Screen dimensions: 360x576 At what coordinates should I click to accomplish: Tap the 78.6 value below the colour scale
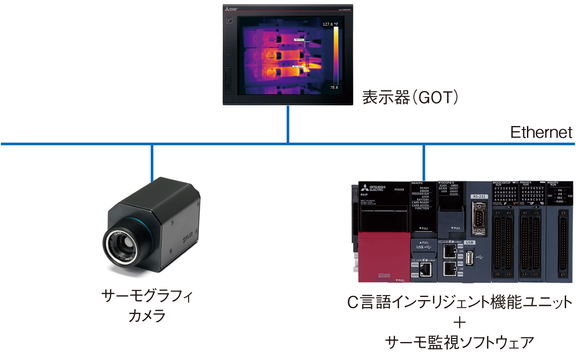coord(334,87)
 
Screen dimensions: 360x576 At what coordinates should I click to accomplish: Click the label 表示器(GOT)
coord(410,97)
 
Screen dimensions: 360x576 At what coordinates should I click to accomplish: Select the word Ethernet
coord(541,132)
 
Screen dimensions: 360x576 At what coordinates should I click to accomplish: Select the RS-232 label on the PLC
coord(478,196)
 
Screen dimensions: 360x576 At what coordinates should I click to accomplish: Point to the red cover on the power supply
coord(384,256)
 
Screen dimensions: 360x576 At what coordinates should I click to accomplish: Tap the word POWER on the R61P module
coord(399,190)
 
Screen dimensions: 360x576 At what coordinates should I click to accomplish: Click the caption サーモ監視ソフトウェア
coord(459,342)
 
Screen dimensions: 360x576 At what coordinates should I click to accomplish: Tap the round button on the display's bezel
coord(230,21)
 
